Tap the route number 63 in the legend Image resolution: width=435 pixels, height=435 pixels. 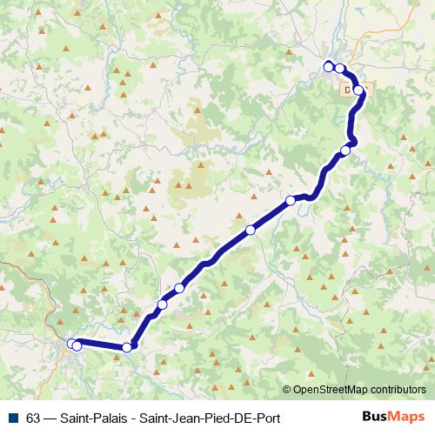click(x=34, y=417)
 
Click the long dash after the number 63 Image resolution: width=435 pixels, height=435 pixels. click(x=51, y=417)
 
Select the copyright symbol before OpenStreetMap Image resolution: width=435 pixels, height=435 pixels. click(x=287, y=391)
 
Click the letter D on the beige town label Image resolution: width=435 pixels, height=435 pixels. click(x=348, y=89)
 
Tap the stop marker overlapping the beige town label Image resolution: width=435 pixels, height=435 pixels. click(x=359, y=90)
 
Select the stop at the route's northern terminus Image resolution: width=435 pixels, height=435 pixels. click(x=329, y=66)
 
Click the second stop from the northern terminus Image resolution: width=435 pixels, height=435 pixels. click(x=340, y=69)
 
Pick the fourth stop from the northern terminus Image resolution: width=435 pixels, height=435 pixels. click(x=345, y=151)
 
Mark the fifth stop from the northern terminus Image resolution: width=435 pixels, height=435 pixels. click(x=291, y=201)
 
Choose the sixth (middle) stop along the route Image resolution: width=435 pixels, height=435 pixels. click(x=251, y=230)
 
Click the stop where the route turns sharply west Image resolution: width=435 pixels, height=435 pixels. click(x=127, y=347)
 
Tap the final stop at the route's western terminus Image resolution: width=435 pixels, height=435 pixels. click(x=72, y=344)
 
